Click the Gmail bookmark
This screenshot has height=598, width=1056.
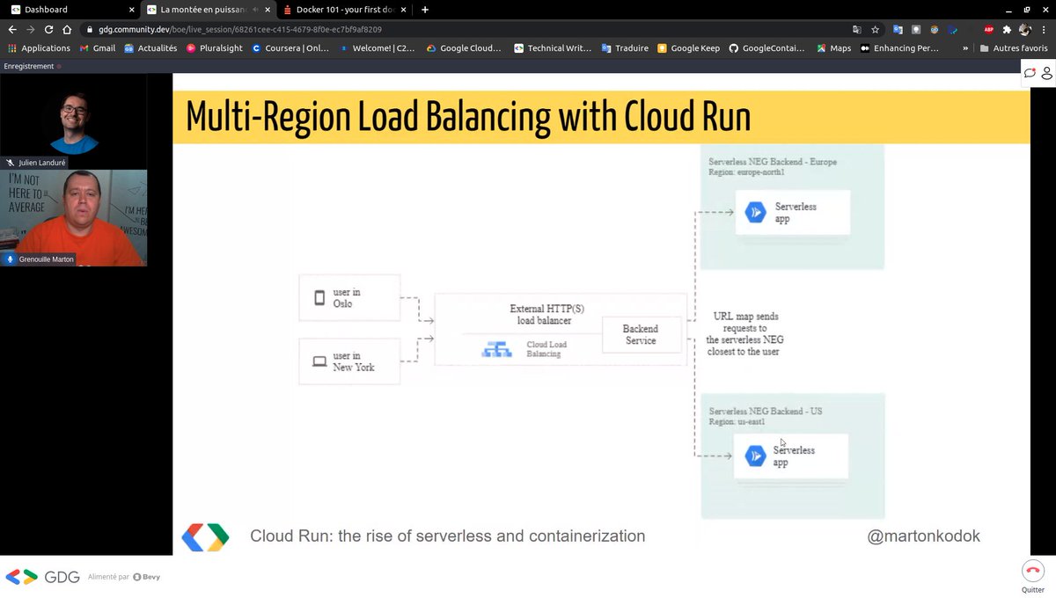click(98, 48)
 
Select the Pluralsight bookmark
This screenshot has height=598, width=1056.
click(214, 48)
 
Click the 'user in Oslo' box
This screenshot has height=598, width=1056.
click(349, 297)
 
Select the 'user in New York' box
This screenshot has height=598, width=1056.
click(349, 361)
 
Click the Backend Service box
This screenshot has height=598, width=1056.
click(641, 334)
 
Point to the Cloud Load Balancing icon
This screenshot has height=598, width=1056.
click(496, 349)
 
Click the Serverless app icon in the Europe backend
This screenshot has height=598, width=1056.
click(755, 213)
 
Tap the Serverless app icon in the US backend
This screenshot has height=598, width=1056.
click(755, 456)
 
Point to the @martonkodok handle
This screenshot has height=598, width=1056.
click(923, 536)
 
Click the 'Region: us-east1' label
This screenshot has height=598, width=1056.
click(737, 422)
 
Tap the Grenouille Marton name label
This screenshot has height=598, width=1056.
click(46, 259)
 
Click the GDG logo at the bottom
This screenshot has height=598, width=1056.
click(42, 577)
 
